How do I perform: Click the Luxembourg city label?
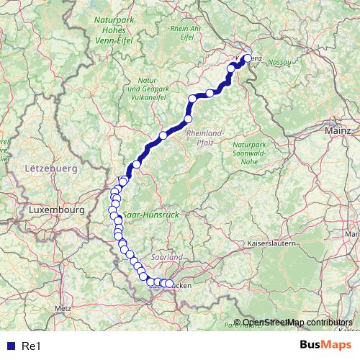tap(57, 210)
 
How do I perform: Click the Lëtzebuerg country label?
tap(50, 168)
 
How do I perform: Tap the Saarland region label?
tap(167, 256)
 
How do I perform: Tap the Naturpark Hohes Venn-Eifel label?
tap(117, 30)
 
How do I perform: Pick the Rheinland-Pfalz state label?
tap(205, 138)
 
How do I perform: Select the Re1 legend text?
tap(31, 346)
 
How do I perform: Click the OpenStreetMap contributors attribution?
tap(297, 323)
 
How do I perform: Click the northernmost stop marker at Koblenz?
tap(247, 59)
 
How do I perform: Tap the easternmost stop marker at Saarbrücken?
tap(170, 284)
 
